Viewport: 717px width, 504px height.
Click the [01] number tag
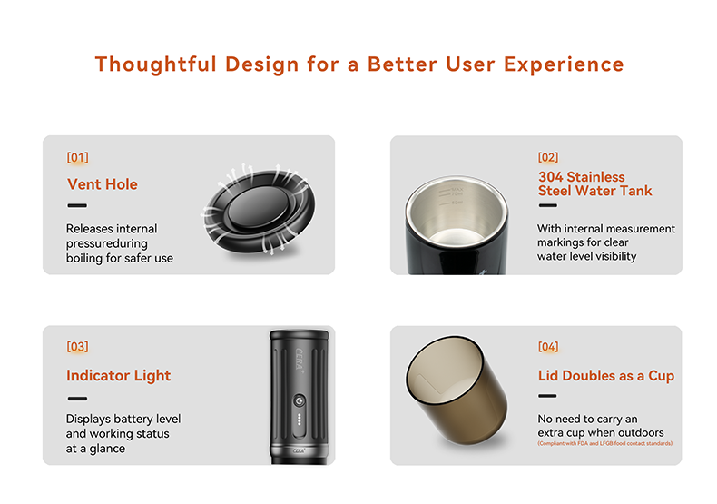[77, 157]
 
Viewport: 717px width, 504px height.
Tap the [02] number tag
[548, 157]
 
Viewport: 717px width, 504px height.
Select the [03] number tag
[77, 346]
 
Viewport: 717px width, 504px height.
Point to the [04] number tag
[548, 346]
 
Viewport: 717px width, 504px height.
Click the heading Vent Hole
[103, 184]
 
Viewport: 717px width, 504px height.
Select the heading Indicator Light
[118, 376]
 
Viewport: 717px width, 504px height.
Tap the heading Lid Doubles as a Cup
[605, 376]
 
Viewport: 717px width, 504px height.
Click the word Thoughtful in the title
[153, 64]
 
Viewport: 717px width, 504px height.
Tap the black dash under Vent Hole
[77, 206]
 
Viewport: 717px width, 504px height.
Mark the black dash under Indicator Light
[77, 398]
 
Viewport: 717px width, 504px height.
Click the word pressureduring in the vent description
[106, 243]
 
